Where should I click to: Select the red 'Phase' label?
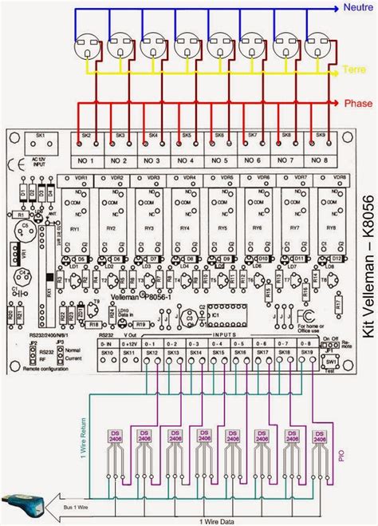358,105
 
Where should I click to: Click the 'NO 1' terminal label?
85,161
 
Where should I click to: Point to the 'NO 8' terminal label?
318,161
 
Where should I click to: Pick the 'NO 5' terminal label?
219,161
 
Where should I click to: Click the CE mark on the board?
18,167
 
